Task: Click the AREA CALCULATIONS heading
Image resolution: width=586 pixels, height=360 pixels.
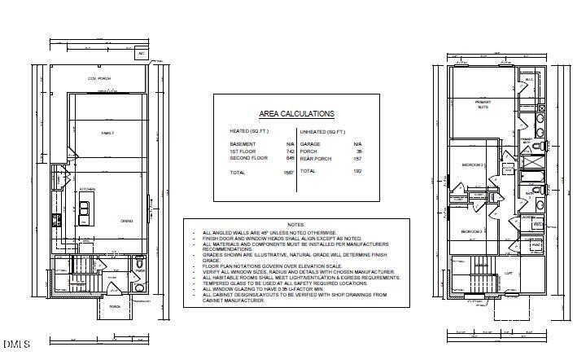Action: (296, 114)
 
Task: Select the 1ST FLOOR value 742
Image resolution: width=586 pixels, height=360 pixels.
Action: (290, 151)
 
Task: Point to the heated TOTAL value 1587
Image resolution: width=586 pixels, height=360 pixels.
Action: (288, 173)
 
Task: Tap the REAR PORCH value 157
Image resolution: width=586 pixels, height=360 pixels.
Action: (357, 158)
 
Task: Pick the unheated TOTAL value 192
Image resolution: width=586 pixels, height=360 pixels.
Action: (357, 172)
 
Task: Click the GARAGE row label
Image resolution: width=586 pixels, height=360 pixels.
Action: (310, 143)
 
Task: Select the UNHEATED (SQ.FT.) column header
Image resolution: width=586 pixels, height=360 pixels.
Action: (323, 130)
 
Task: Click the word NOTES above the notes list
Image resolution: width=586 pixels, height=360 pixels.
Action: (295, 224)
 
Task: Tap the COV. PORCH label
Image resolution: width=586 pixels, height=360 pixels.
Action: (99, 78)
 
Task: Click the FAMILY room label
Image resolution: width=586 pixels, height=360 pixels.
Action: (107, 132)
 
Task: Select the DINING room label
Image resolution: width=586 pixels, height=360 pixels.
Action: (127, 221)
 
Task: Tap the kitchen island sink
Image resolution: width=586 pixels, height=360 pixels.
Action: (83, 214)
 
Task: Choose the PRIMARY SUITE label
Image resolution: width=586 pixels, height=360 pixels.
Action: (483, 103)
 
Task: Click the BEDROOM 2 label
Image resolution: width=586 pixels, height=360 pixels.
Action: (473, 165)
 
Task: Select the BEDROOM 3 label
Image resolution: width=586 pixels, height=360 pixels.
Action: (473, 232)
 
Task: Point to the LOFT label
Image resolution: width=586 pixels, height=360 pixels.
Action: (509, 274)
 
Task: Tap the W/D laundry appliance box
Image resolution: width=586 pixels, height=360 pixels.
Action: (538, 223)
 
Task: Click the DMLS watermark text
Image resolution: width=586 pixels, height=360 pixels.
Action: (15, 345)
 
